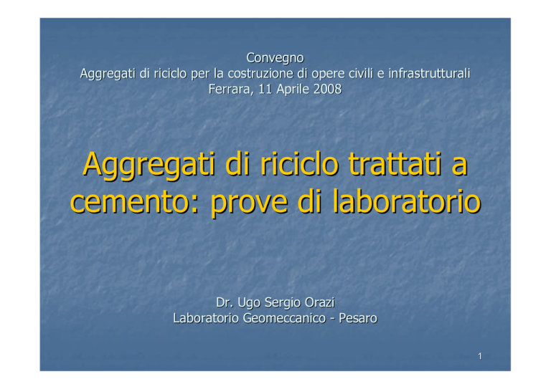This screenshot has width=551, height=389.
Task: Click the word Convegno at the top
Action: (275, 58)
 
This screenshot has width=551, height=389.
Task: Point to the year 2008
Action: (327, 89)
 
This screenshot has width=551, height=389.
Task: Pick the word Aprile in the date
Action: (293, 90)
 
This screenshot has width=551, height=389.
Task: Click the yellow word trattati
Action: (395, 164)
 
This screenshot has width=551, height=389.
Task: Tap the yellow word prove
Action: (249, 204)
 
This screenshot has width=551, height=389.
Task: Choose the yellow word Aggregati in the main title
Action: (149, 165)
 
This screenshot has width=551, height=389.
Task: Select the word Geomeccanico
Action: (284, 318)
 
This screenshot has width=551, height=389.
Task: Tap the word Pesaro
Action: (358, 318)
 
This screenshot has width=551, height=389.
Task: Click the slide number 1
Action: (480, 356)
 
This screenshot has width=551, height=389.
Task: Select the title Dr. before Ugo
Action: (225, 302)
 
